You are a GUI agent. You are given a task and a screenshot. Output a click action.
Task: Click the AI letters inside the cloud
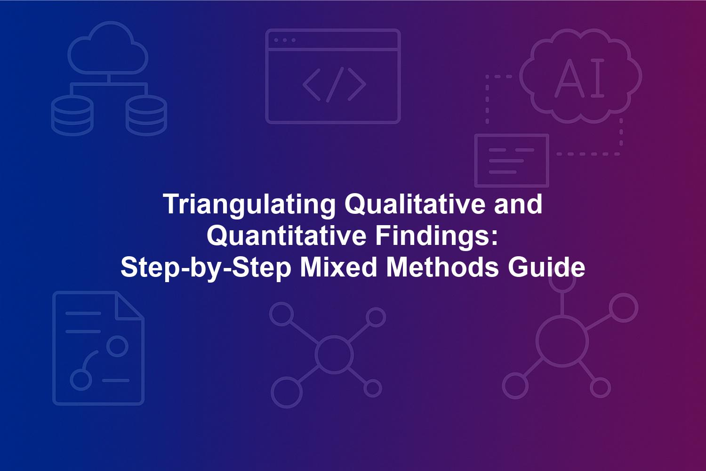(x=579, y=78)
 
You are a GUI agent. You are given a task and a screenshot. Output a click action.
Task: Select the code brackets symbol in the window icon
(x=334, y=85)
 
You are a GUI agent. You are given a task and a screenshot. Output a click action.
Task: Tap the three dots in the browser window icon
(x=285, y=40)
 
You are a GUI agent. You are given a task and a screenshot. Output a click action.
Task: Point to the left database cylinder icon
(x=72, y=115)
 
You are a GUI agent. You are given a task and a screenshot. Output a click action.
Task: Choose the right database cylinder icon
(x=146, y=115)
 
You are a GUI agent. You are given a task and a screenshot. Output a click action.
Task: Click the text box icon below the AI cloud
(x=512, y=161)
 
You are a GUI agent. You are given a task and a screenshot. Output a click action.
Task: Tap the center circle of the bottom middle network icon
(x=334, y=354)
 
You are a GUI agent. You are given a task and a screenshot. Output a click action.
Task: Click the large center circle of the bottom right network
(x=562, y=342)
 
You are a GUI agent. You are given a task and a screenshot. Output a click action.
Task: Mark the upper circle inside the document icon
(x=117, y=346)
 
